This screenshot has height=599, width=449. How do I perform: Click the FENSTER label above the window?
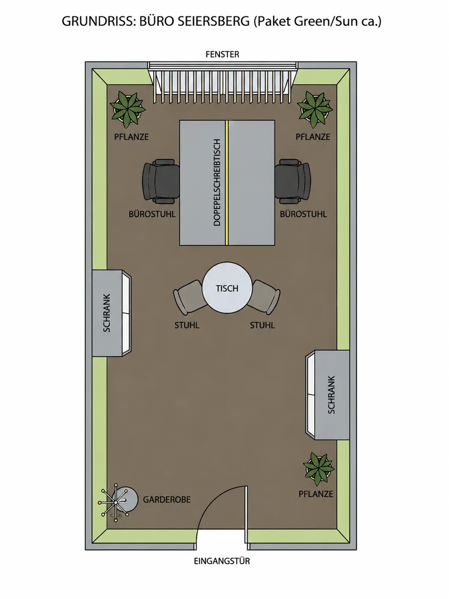click(x=222, y=54)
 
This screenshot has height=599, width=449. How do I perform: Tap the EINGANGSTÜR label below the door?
click(x=222, y=561)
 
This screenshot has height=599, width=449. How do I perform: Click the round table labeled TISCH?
click(x=227, y=288)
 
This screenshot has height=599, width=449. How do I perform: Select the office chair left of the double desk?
click(x=161, y=182)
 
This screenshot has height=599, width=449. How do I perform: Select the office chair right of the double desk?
click(x=293, y=182)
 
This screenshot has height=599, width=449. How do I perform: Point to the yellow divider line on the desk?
click(x=227, y=183)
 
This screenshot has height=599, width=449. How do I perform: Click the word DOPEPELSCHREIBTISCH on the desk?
click(x=217, y=182)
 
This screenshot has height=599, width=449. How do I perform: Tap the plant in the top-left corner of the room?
click(x=127, y=110)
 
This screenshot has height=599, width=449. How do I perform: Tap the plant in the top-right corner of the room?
click(x=315, y=110)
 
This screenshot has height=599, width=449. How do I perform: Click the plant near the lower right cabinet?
click(x=318, y=469)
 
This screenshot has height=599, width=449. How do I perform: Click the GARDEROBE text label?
click(x=167, y=500)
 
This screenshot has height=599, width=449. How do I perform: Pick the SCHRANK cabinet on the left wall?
click(x=112, y=313)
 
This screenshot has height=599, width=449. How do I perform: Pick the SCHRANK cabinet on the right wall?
click(x=327, y=395)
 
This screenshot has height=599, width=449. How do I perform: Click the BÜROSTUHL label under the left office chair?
click(x=152, y=214)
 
